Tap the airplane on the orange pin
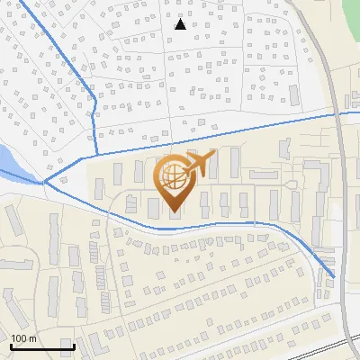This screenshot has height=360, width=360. [x=198, y=165]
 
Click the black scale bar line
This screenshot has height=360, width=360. [x=41, y=346]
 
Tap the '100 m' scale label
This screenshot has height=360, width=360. [x=24, y=338]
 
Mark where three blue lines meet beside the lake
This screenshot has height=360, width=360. [x=44, y=182]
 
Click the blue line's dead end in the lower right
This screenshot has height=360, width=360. [x=334, y=276]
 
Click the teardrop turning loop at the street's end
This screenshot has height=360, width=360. [x=293, y=185]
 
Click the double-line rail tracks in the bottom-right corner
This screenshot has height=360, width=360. [x=337, y=346]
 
